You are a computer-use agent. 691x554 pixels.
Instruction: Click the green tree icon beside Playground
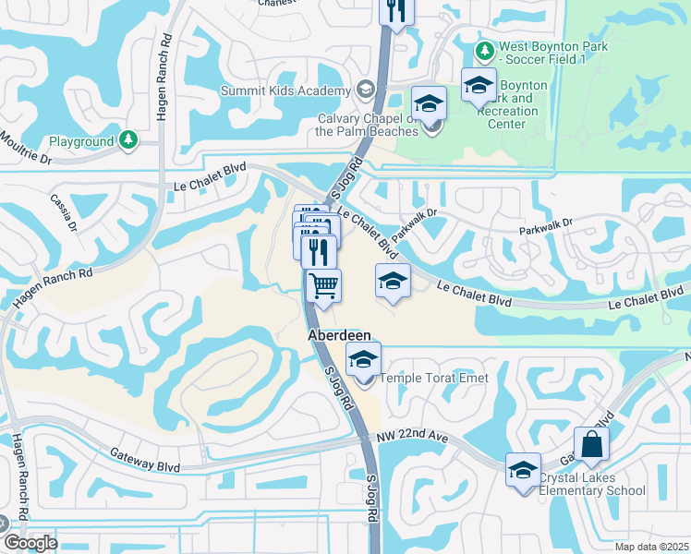[x=128, y=140]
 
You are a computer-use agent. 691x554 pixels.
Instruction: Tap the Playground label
[x=80, y=141]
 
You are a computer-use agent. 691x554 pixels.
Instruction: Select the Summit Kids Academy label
[x=285, y=90]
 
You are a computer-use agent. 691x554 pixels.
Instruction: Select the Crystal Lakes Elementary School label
[x=592, y=484]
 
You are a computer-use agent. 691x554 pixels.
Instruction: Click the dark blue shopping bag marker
[x=591, y=445]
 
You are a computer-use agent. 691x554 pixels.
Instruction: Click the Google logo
[x=30, y=543]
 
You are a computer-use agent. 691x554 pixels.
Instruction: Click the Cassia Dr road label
[x=64, y=204]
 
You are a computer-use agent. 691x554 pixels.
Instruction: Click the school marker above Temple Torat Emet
[x=364, y=358]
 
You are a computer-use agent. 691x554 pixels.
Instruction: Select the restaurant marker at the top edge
[x=396, y=11]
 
